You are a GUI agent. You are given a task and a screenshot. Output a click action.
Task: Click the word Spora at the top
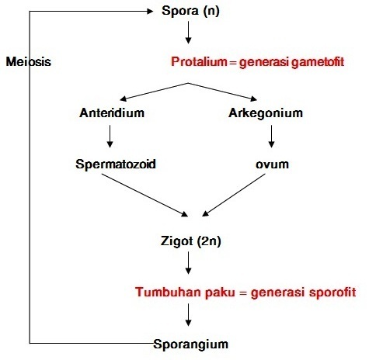[180, 11]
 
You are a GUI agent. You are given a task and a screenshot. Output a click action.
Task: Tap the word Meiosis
[29, 62]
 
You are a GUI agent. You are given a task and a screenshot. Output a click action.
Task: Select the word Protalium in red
[199, 62]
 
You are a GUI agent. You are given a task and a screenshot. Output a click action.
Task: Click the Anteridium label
[112, 112]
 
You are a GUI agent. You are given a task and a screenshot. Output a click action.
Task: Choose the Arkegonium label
[266, 113]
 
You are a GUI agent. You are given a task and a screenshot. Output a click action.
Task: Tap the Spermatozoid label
[116, 164]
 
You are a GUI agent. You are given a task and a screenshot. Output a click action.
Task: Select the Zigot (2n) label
[191, 241]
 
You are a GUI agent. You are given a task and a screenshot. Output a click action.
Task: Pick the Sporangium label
[191, 344]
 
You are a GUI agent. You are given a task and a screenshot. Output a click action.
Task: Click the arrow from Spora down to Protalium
[188, 33]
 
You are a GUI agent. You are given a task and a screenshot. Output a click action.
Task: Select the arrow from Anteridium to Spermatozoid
[110, 137]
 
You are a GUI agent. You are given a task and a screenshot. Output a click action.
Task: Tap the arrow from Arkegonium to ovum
[271, 137]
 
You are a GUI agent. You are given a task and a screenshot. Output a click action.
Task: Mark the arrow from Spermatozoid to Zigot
[144, 195]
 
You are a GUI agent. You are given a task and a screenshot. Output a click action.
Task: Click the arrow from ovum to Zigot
[234, 195]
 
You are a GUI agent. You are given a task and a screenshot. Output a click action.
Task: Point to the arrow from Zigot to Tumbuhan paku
[188, 263]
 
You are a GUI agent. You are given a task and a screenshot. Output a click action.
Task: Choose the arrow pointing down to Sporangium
[188, 314]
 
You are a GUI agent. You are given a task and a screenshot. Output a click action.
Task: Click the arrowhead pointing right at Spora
[150, 11]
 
